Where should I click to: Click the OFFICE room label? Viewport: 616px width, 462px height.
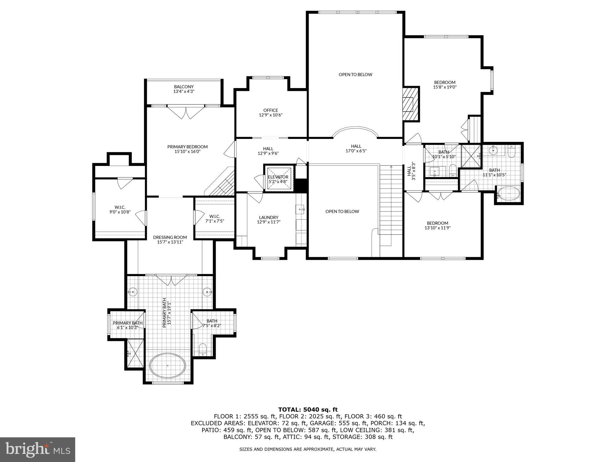click(x=271, y=110)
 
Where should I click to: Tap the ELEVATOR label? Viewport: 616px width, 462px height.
click(x=278, y=177)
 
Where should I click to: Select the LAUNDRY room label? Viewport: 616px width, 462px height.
click(x=269, y=217)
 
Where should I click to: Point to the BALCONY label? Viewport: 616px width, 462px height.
click(x=184, y=87)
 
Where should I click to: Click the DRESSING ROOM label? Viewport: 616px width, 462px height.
click(x=170, y=237)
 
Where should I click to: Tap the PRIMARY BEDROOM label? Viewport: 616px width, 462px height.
click(x=187, y=146)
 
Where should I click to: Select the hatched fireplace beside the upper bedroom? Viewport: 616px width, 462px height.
click(x=411, y=104)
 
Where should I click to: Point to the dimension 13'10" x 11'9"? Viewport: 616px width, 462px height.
click(x=438, y=228)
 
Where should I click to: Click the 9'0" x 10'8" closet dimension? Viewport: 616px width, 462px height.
click(x=120, y=212)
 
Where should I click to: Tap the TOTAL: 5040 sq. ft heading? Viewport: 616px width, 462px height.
click(x=308, y=409)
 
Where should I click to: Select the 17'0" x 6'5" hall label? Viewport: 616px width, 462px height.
click(x=356, y=151)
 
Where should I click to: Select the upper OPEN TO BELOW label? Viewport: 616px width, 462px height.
click(x=356, y=74)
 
